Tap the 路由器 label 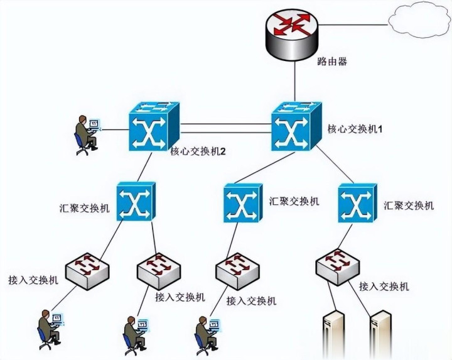(332, 62)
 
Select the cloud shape (421, 22)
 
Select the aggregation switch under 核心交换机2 (136, 202)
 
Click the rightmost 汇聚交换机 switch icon (357, 203)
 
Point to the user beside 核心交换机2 (85, 134)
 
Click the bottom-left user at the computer (48, 327)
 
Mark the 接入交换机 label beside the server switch (384, 286)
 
